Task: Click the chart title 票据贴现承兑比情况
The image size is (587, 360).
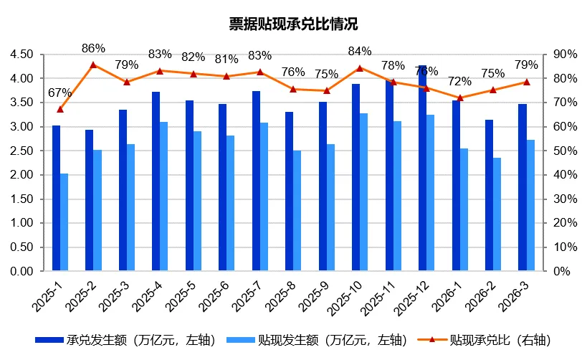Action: (x=293, y=24)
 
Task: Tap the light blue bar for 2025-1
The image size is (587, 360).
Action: (x=65, y=222)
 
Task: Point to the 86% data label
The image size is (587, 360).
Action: (x=94, y=48)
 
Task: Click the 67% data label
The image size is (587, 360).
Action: (x=60, y=93)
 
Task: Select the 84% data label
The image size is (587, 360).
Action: (x=360, y=51)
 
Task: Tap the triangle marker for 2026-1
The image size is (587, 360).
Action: (x=460, y=98)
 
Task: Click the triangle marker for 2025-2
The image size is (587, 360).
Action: (x=94, y=65)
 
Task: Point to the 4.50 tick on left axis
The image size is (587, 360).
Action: (x=22, y=55)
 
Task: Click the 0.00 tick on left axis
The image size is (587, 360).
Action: (x=22, y=272)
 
